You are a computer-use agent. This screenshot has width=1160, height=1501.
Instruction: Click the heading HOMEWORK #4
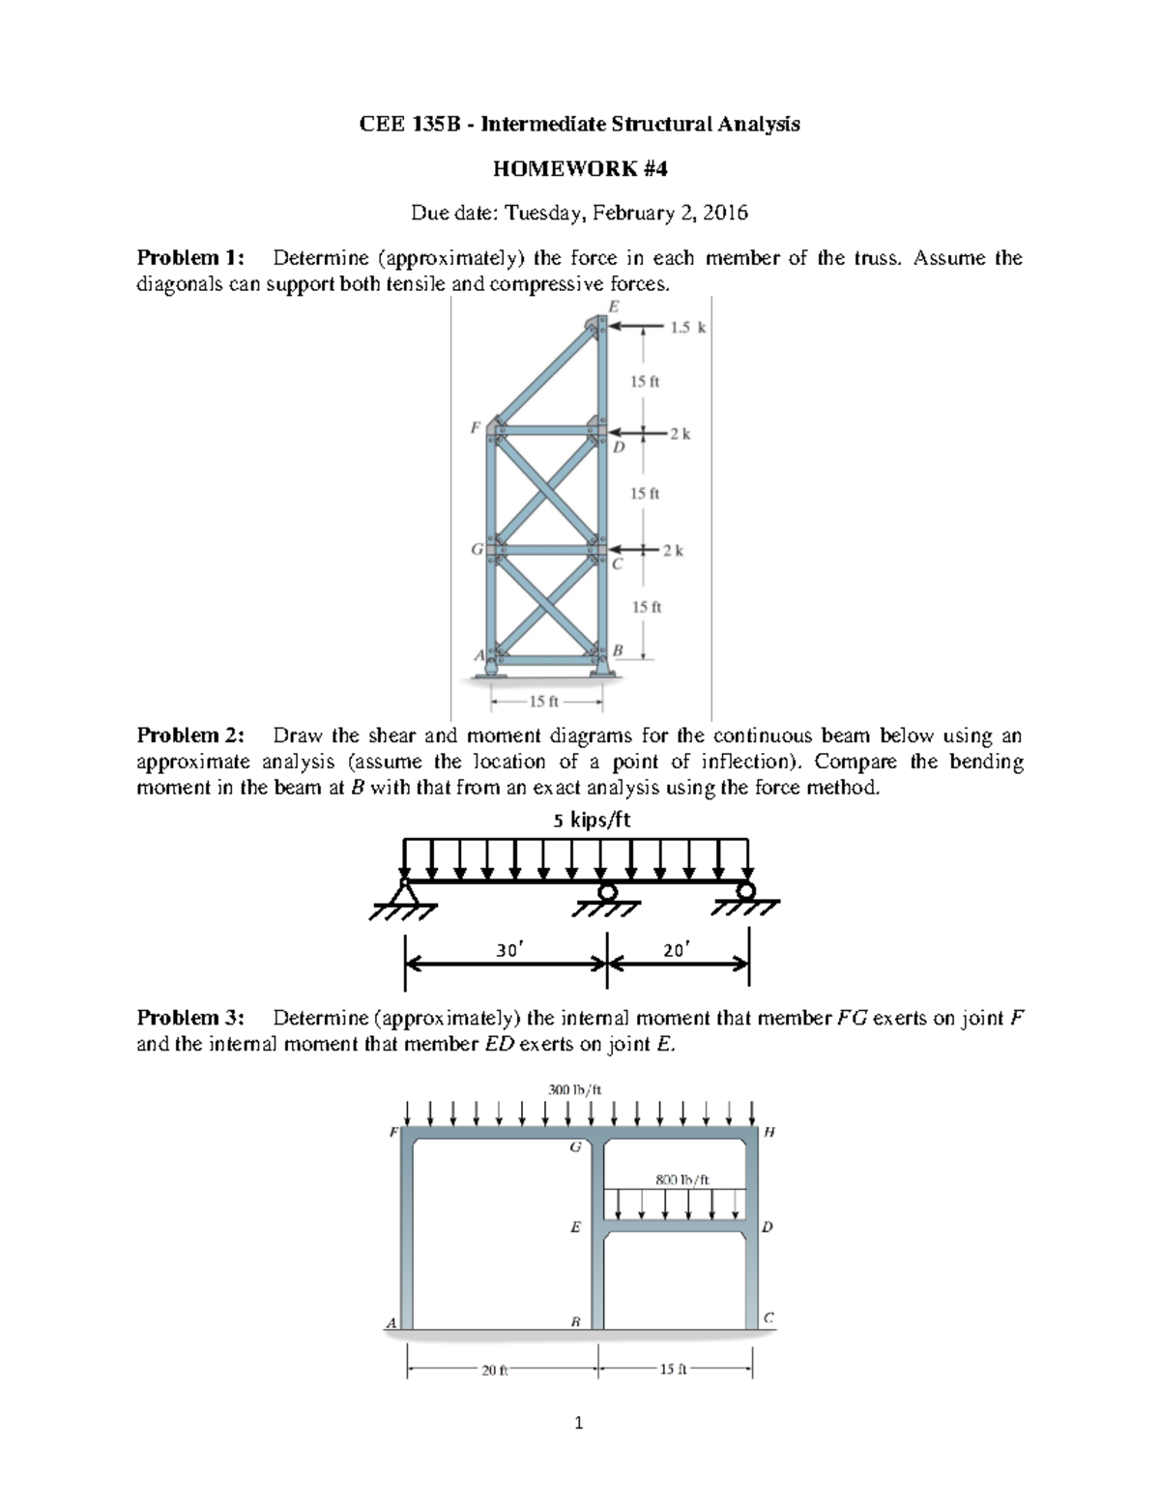[x=579, y=169]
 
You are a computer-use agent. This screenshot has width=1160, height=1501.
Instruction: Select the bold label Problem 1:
[x=190, y=258]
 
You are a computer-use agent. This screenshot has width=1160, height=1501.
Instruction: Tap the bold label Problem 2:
[x=190, y=736]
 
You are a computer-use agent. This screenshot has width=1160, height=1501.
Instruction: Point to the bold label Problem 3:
[x=190, y=1018]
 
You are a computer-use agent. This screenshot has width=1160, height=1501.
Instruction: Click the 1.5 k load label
[x=687, y=328]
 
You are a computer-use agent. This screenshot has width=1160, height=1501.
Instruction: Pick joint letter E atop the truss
[x=612, y=306]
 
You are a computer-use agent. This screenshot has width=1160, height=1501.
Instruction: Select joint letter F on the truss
[x=475, y=426]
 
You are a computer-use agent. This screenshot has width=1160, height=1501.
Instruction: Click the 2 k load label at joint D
[x=681, y=434]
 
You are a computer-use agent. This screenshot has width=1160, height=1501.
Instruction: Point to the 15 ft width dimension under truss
[x=546, y=701]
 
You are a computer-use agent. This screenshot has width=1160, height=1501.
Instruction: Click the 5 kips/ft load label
[x=592, y=821]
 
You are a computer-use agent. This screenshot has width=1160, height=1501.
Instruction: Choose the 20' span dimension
[x=675, y=950]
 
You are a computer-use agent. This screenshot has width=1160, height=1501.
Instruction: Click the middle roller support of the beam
[x=607, y=892]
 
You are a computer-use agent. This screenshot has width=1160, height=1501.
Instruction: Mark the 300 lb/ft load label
[x=574, y=1089]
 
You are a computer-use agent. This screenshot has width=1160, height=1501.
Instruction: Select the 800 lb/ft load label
[x=682, y=1179]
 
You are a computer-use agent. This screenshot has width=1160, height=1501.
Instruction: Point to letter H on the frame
[x=769, y=1131]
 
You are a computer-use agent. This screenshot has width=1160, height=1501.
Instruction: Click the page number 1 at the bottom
[x=579, y=1422]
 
